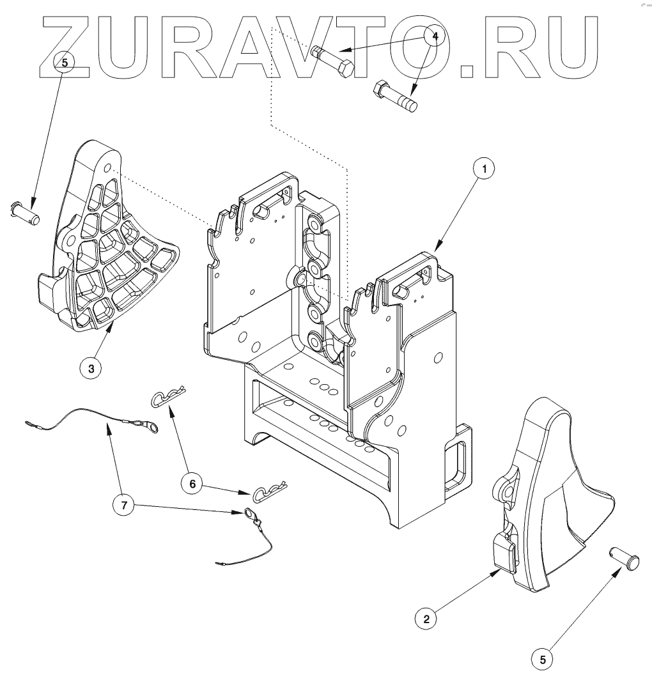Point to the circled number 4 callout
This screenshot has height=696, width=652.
tap(435, 36)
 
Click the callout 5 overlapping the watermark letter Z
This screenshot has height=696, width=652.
tap(65, 62)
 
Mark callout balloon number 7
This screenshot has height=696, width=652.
tap(125, 506)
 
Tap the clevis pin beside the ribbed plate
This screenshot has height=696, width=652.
tap(26, 212)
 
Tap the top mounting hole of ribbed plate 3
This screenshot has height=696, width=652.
tap(108, 168)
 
